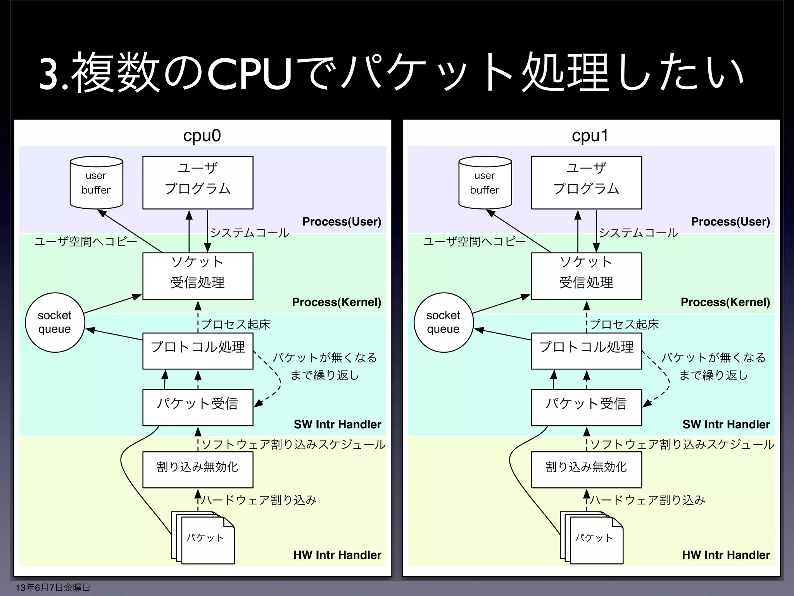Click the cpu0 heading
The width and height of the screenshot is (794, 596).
click(202, 136)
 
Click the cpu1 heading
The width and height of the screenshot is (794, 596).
click(590, 136)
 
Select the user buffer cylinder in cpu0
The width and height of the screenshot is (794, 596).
click(96, 183)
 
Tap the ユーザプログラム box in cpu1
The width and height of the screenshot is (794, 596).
click(586, 182)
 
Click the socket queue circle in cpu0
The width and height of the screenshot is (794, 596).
click(55, 322)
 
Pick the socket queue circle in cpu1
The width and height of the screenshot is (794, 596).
click(444, 322)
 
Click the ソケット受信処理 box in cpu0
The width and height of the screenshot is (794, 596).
click(198, 276)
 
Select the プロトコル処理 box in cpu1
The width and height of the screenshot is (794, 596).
click(586, 351)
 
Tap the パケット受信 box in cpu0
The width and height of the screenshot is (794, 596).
click(198, 407)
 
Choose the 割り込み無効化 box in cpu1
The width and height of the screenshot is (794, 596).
click(586, 470)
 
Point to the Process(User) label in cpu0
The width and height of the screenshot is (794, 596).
click(342, 222)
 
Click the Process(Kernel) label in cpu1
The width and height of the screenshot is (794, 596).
click(725, 302)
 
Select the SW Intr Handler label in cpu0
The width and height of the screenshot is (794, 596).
click(337, 424)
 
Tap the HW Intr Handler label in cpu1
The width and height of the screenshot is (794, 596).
click(726, 555)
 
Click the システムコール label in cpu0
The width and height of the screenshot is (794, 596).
click(250, 232)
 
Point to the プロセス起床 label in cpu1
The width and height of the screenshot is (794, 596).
click(624, 324)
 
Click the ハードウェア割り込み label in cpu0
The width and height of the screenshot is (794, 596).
click(259, 500)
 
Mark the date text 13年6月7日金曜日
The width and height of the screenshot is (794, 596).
click(53, 587)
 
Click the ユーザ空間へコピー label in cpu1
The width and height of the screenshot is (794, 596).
click(474, 242)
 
